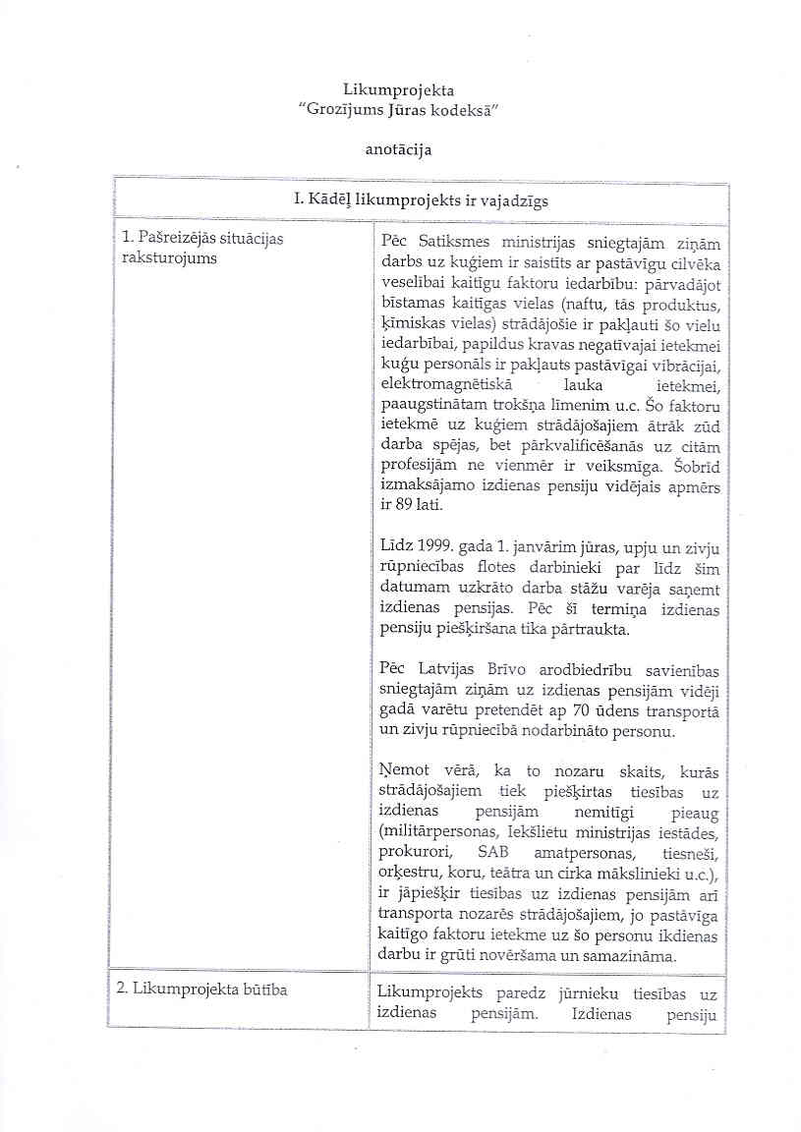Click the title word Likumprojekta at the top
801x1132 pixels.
398,91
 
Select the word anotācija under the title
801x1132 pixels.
398,150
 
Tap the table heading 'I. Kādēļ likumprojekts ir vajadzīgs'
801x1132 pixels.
421,200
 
